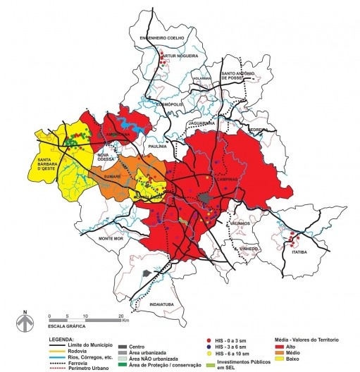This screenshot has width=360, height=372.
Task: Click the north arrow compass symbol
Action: coord(25,325)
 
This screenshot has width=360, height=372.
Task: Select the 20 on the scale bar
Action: coord(123,316)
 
